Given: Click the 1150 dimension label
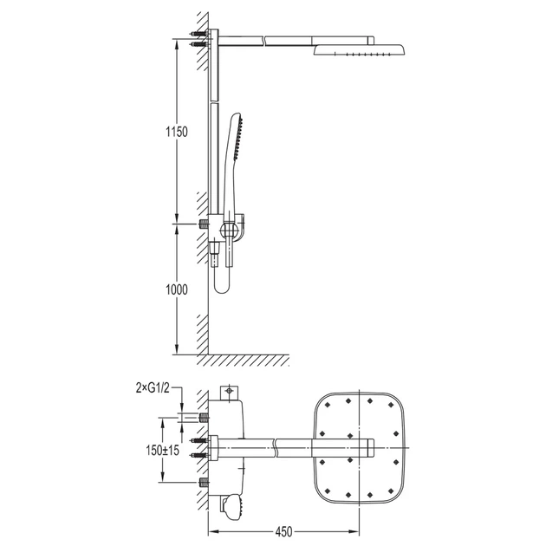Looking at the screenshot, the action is pos(177,132).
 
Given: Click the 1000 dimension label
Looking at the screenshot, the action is pos(177,289).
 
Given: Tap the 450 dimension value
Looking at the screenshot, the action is pos(283,532).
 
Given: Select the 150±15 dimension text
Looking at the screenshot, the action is pos(163,451).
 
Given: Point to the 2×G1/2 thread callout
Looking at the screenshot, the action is pos(153,388).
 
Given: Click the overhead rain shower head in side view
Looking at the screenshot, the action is pos(360,49).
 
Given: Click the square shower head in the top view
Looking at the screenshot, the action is pos(360,448).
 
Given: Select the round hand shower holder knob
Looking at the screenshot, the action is pos(229,231).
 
